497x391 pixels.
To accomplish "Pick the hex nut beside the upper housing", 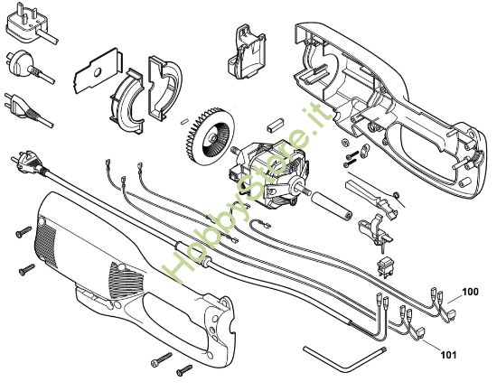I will [344, 144].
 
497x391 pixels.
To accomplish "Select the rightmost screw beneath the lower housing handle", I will [186, 369].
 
